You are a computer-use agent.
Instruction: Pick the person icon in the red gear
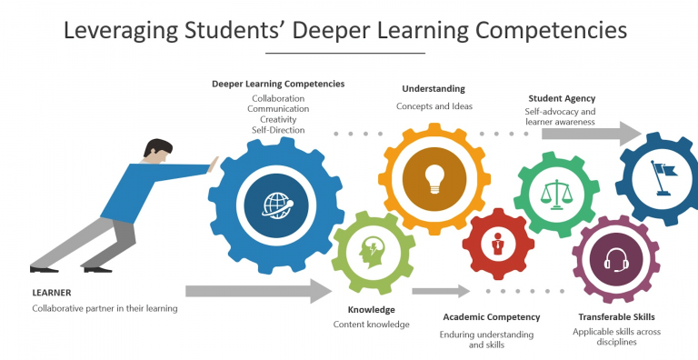[497, 245]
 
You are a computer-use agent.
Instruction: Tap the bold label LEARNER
[51, 293]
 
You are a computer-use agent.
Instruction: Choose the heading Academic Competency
[491, 317]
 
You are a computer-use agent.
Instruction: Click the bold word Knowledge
[372, 309]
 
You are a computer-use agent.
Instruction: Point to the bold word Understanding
[434, 89]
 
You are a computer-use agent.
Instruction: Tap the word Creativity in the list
[277, 119]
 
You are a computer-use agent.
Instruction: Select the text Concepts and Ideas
[434, 106]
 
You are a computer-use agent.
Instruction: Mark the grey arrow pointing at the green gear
[258, 291]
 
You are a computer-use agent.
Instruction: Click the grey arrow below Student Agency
[592, 133]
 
